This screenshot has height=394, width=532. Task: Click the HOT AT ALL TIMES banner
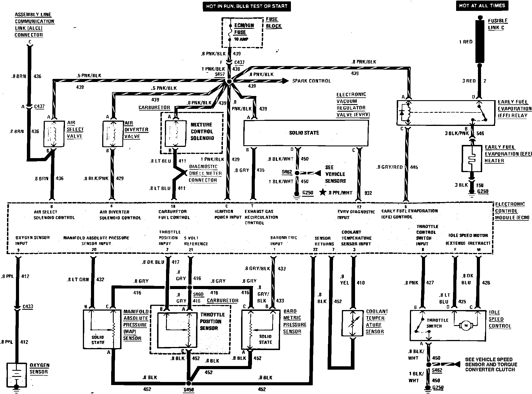pos(482,6)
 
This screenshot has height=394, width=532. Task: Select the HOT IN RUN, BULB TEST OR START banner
pos(247,6)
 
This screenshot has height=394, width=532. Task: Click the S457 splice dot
pos(229,81)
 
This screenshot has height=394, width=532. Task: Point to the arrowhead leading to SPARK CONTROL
pos(285,81)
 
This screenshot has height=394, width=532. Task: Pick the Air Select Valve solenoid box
pos(54,134)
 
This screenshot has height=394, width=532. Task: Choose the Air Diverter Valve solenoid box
pos(113,134)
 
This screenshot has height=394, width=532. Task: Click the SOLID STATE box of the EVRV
pos(306,133)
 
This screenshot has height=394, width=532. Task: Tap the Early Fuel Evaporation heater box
pos(472,158)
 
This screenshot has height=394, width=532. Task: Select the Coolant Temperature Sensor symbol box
pos(353,323)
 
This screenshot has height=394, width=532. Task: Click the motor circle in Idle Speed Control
pos(466,325)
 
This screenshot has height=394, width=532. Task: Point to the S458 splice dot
pos(189,383)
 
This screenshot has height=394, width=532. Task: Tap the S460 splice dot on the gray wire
pos(190,287)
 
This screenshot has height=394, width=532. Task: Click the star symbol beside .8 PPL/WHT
pos(323,192)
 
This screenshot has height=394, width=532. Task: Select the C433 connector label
pos(27,306)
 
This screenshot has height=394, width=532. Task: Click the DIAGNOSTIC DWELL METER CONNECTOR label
pos(205,173)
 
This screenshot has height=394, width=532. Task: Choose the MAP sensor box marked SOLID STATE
pos(102,329)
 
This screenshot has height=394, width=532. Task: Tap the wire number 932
pos(368,193)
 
